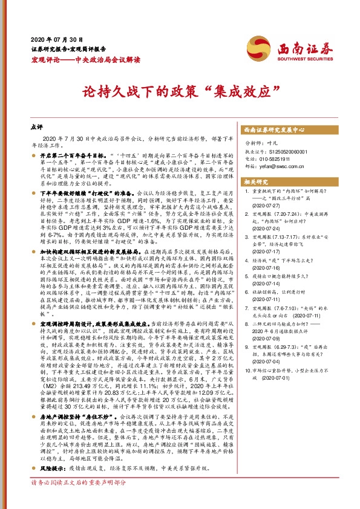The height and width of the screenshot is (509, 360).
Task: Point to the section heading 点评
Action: (x=36, y=128)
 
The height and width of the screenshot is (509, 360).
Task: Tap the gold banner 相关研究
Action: (x=257, y=181)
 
